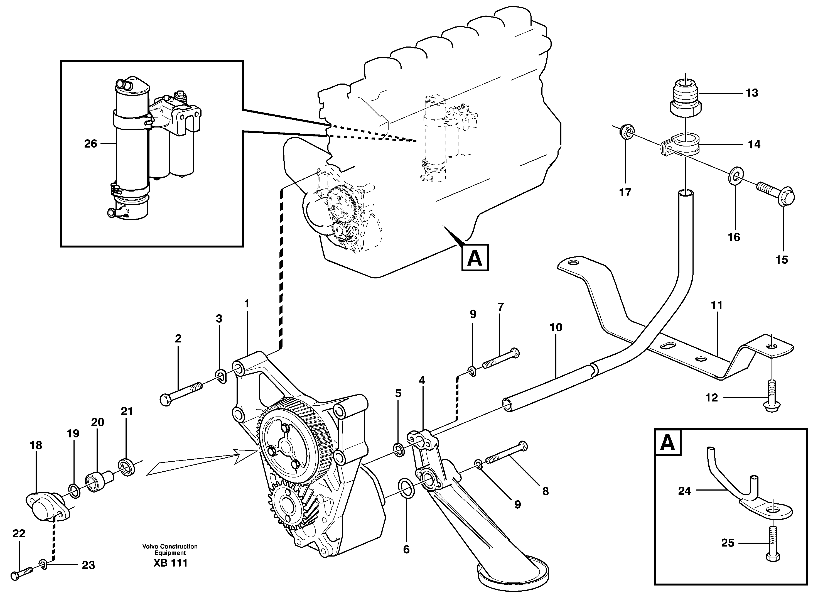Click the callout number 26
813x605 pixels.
(x=90, y=144)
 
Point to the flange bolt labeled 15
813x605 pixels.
(x=778, y=196)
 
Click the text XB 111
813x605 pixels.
(x=170, y=563)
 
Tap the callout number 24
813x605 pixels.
(x=684, y=491)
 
